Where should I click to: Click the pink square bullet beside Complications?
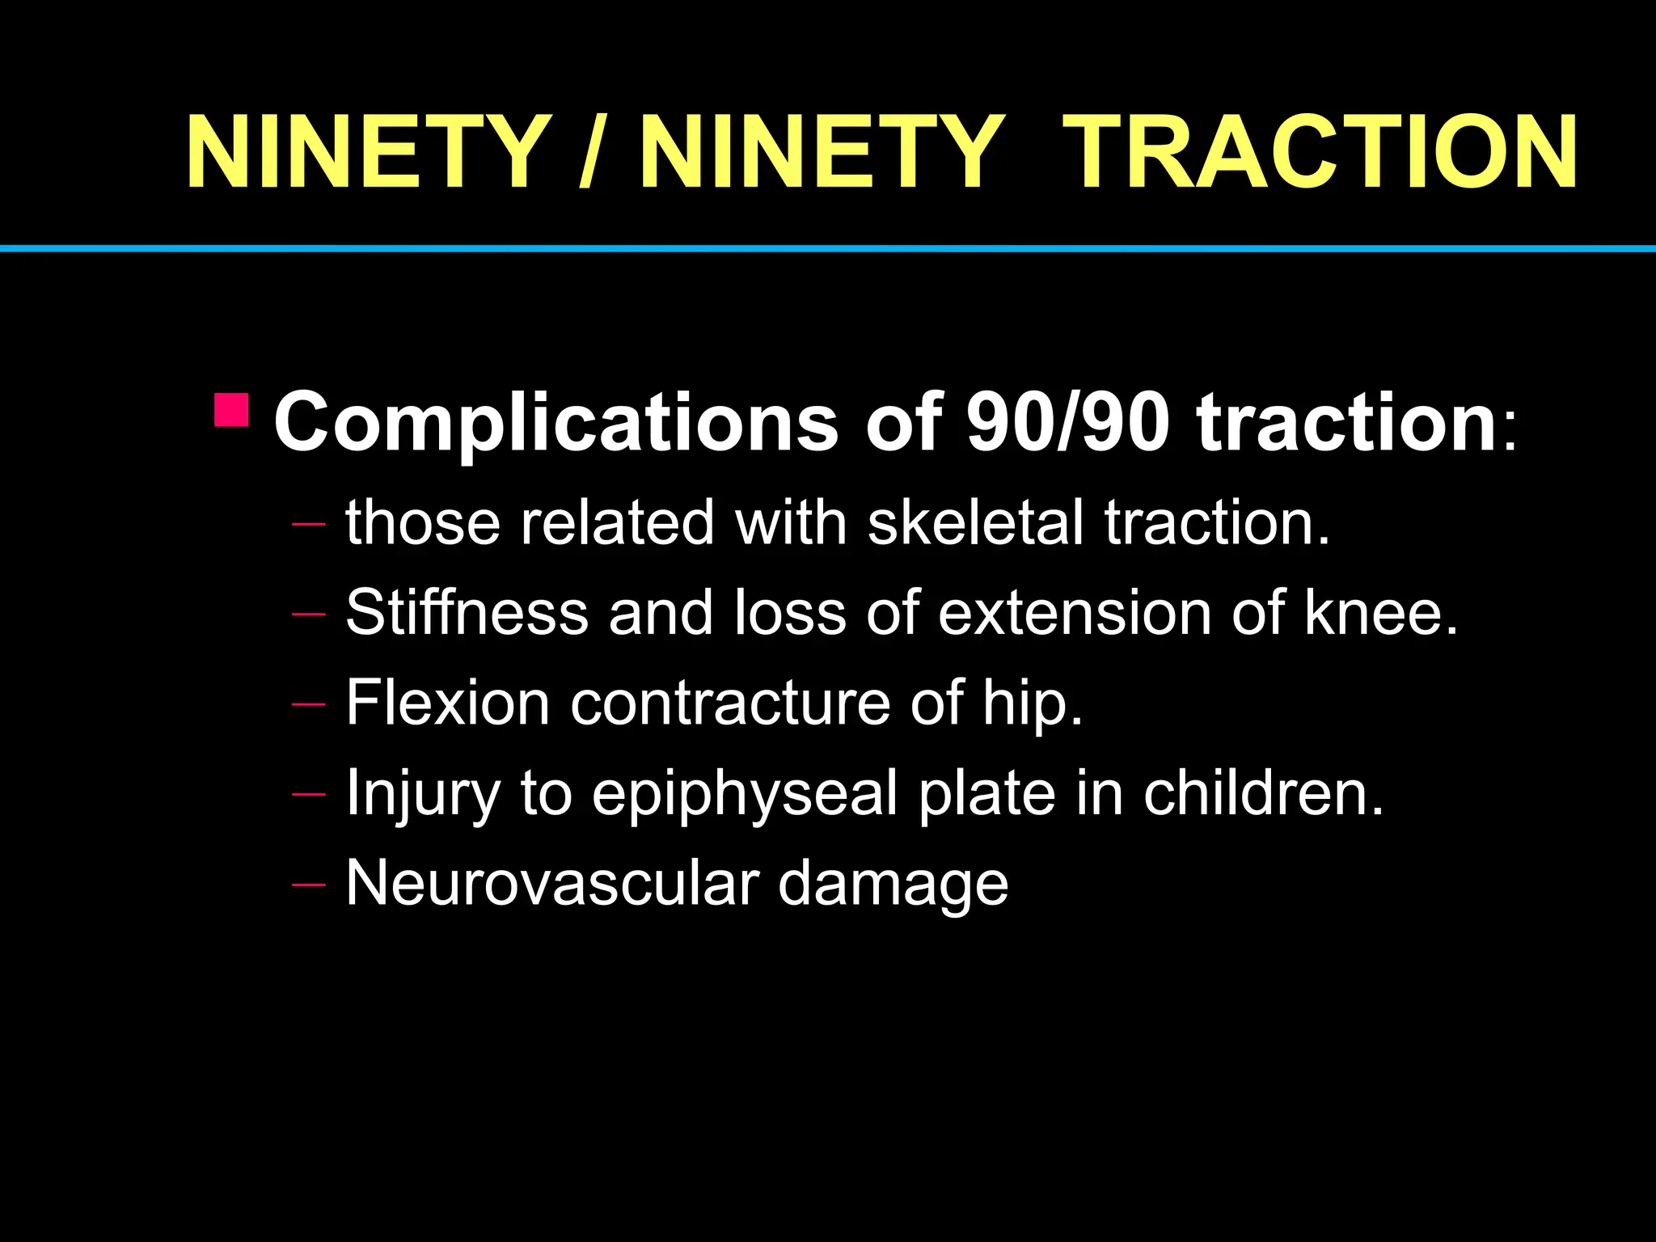pyautogui.click(x=232, y=410)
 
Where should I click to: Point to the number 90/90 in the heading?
pyautogui.click(x=1067, y=422)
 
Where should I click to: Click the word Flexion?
pyautogui.click(x=448, y=703)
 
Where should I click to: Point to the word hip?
pyautogui.click(x=1032, y=703)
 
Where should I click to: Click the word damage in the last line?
pyautogui.click(x=893, y=883)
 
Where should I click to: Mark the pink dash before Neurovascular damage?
pyautogui.click(x=308, y=885)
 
